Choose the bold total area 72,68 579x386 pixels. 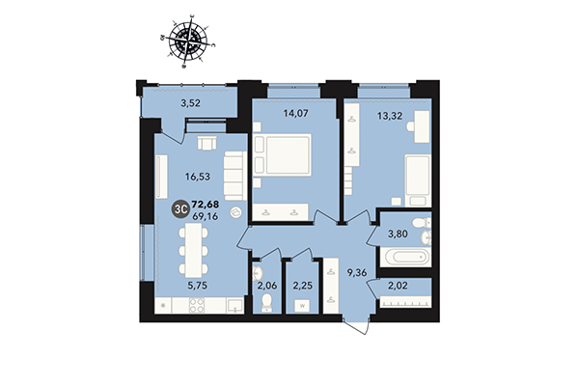pos(206,204)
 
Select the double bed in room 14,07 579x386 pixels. pos(285,157)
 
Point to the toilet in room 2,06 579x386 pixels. pos(265,304)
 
